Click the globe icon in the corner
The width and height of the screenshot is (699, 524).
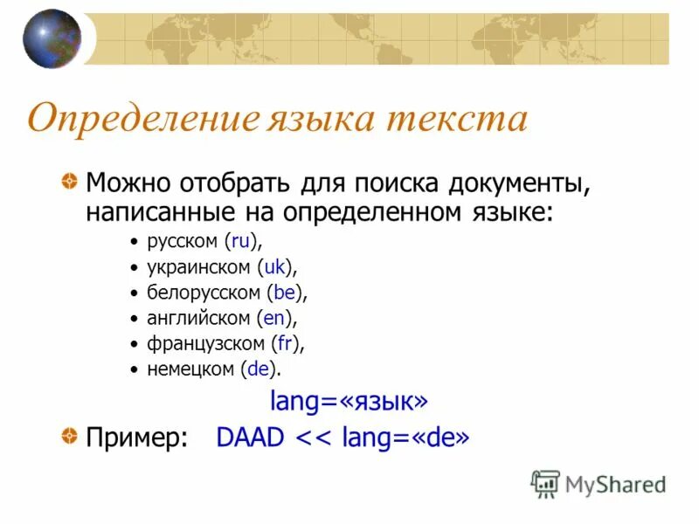coord(52,39)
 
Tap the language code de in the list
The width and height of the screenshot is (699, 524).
coord(258,369)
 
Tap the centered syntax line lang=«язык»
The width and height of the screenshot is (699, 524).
coord(349,401)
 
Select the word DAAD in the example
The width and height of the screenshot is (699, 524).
coord(250,437)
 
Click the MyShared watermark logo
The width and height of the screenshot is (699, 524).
coord(599,483)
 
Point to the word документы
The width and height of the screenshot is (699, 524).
coord(515,183)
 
